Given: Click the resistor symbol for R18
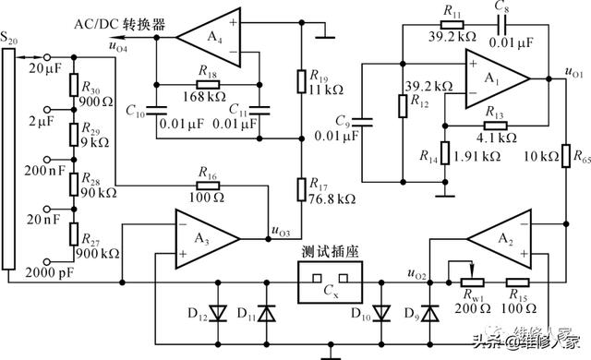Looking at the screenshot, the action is [x=208, y=84].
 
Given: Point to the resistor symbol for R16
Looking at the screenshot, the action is [x=208, y=186].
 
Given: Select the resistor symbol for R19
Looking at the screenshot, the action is [x=301, y=81].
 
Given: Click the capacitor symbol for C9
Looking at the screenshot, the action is [x=362, y=122].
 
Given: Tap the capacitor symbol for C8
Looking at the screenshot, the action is [x=502, y=25].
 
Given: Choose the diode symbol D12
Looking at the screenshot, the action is [x=218, y=313].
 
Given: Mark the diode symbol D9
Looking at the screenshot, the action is [x=429, y=313].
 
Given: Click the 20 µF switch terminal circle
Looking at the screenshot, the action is [x=47, y=57].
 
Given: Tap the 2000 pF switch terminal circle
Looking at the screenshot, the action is [x=47, y=261].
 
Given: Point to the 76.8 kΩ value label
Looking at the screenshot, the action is [x=332, y=198].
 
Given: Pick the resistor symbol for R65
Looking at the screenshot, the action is [x=566, y=156].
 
